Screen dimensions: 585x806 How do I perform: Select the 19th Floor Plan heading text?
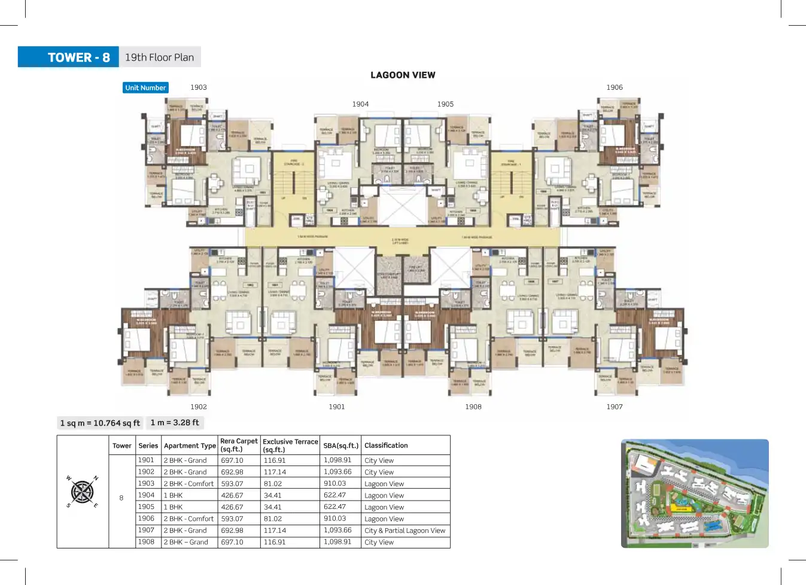pos(159,57)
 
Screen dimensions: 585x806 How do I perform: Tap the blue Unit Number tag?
pos(145,88)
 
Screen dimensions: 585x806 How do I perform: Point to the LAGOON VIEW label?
pos(403,75)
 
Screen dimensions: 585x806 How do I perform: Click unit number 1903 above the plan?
pos(199,87)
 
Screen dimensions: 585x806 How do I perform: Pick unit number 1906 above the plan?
pos(615,87)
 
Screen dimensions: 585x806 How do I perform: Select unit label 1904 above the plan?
pos(360,104)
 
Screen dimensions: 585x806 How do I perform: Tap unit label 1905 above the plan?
pos(445,104)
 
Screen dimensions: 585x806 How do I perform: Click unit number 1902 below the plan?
pos(199,407)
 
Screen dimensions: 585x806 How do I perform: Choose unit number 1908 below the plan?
pos(473,407)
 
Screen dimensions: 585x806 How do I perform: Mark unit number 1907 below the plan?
pos(615,407)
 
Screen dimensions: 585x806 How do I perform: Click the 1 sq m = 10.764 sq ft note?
pos(100,423)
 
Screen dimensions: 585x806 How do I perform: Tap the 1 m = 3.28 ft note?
pos(175,423)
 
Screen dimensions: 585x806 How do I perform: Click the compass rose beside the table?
pos(83,492)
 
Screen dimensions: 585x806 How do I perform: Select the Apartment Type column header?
pos(190,445)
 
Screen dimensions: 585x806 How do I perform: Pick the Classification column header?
pos(386,445)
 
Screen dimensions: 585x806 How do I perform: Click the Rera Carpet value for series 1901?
pos(232,460)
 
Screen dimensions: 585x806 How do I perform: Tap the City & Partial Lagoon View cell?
pos(405,531)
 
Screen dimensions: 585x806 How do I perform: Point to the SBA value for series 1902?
pos(337,472)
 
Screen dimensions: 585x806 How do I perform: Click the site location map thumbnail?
pos(695,493)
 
